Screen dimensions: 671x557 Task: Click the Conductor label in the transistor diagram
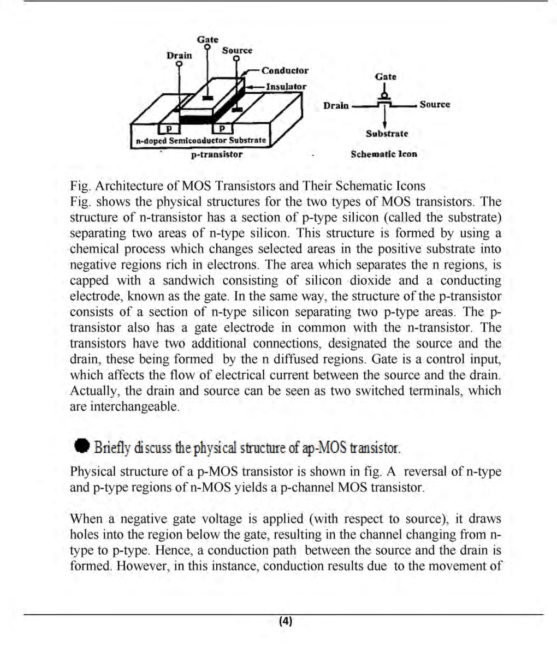(285, 71)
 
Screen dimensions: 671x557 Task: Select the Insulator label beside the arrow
(286, 86)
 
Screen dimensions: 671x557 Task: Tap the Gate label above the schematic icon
(386, 77)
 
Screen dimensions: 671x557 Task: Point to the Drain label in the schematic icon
(335, 105)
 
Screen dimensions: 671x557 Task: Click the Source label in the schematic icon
(435, 105)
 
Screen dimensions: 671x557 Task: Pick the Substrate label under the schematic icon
(387, 134)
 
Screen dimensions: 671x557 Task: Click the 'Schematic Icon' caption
(384, 154)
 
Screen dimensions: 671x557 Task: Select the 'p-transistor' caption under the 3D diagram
(217, 154)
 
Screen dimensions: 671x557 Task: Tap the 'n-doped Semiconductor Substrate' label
(201, 141)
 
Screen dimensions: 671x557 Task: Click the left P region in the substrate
(169, 129)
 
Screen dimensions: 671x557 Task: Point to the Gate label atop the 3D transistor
(208, 40)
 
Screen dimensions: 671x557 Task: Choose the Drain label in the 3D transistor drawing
(179, 56)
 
